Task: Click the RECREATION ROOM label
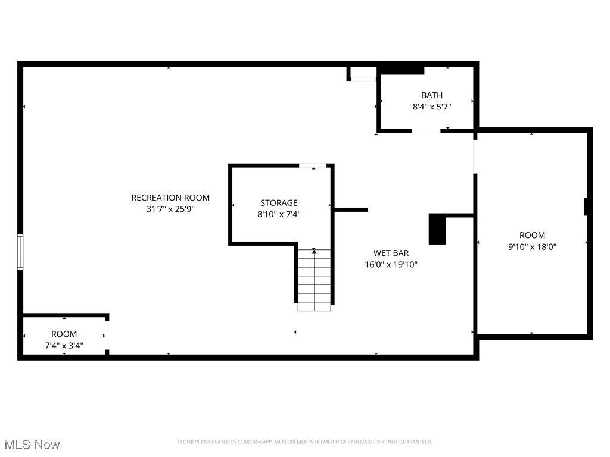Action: [x=170, y=198]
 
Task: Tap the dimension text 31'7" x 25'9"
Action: [x=170, y=209]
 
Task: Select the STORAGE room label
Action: [x=279, y=203]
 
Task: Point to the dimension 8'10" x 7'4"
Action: [x=279, y=214]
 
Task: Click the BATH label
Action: [x=432, y=95]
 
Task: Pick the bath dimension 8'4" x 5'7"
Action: [x=432, y=107]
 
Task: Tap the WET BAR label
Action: [x=391, y=253]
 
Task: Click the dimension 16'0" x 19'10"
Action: [x=391, y=265]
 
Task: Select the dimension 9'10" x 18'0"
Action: [x=532, y=246]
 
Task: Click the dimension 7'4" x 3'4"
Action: [x=64, y=345]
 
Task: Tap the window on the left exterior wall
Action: [x=20, y=252]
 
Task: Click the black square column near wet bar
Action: [x=437, y=229]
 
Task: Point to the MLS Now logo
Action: [x=32, y=445]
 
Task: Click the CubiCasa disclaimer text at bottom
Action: [x=305, y=442]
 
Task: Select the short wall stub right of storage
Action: [x=351, y=209]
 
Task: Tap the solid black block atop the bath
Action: [x=401, y=70]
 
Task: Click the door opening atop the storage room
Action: [x=313, y=165]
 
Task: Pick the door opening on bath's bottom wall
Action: [x=426, y=130]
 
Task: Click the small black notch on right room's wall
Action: [x=586, y=206]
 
